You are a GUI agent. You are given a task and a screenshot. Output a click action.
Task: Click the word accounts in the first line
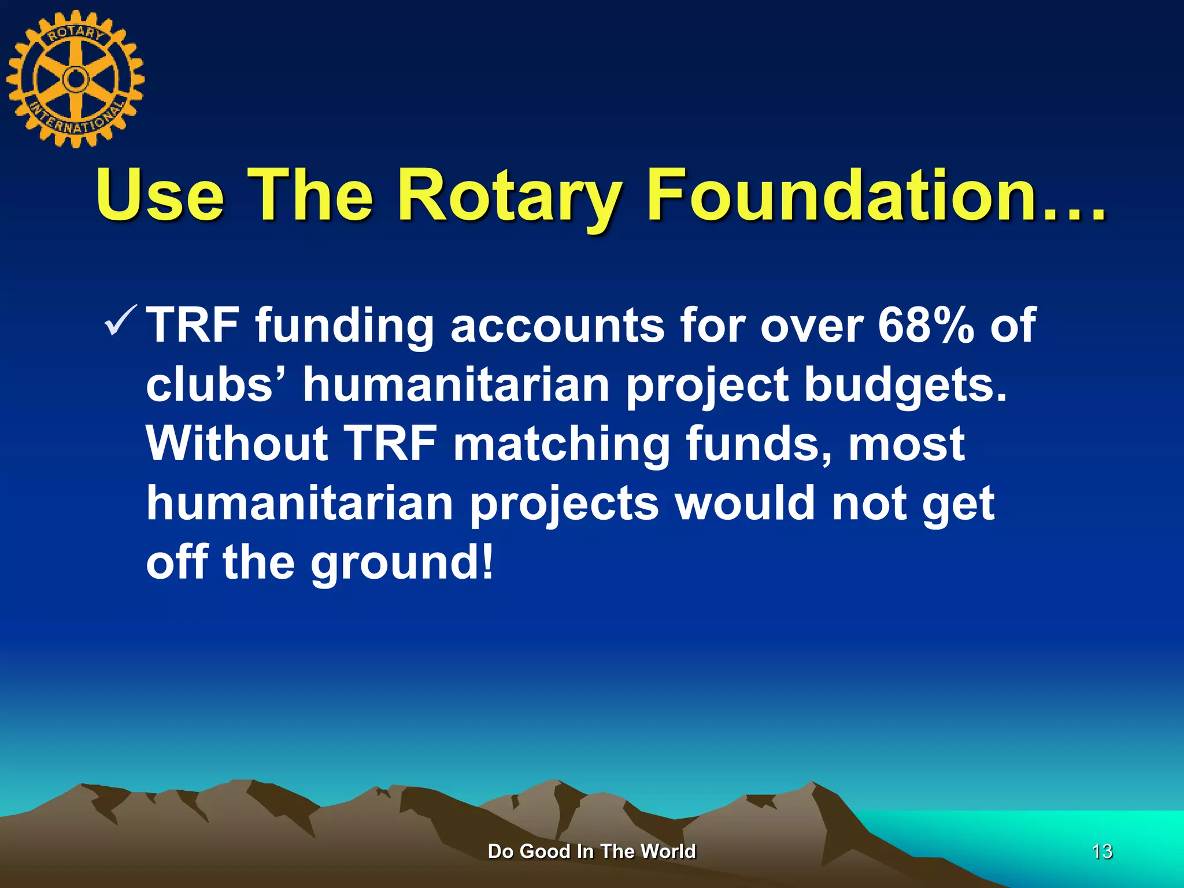(x=557, y=325)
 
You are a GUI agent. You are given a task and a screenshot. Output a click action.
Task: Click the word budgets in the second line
(x=905, y=385)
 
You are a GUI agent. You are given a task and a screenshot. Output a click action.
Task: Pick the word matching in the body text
(x=561, y=444)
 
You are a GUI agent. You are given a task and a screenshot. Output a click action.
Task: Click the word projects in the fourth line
(x=564, y=504)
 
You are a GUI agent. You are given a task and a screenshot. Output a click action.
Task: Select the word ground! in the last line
(x=403, y=563)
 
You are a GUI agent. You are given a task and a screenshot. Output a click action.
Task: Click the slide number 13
(x=1102, y=852)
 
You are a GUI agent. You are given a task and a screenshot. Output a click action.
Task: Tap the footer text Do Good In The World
(x=591, y=852)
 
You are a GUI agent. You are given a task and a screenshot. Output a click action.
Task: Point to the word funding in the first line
(x=345, y=325)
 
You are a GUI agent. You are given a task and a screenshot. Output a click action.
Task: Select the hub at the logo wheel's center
(x=75, y=79)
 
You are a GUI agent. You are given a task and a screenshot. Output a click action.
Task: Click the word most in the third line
(x=906, y=444)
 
